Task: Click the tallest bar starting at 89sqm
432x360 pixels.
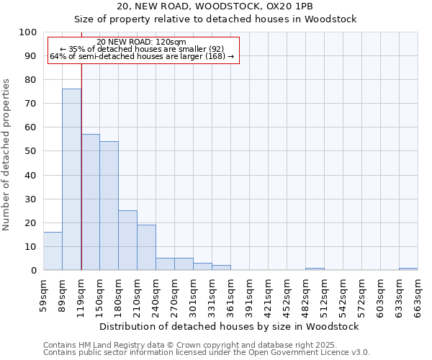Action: click(71, 179)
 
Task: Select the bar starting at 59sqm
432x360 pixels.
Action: click(53, 251)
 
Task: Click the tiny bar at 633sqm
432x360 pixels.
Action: click(408, 269)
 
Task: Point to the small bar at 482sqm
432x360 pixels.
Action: click(315, 269)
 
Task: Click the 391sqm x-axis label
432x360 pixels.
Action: click(249, 295)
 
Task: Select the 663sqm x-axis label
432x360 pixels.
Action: click(418, 295)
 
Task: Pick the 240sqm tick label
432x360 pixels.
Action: click(156, 295)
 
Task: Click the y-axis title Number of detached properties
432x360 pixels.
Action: click(6, 155)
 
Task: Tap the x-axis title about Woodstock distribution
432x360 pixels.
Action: click(230, 326)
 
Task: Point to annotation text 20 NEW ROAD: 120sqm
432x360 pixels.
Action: click(141, 42)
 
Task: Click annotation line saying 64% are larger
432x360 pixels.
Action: click(142, 56)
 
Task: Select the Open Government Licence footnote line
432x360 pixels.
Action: click(207, 352)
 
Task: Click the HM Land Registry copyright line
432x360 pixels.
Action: click(199, 345)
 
